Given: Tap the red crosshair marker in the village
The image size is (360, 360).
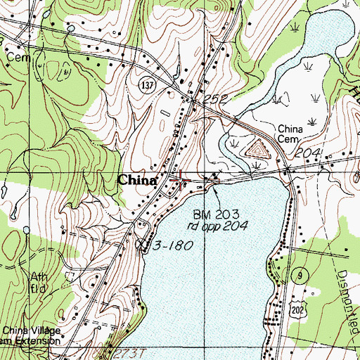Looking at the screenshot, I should (x=181, y=181).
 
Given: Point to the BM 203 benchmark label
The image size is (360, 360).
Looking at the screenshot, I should (x=217, y=213).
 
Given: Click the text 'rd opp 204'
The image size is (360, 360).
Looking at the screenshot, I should (x=217, y=226).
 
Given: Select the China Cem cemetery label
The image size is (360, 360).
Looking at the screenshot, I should (x=289, y=134).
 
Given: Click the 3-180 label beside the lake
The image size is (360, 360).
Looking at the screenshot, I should (x=170, y=245).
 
